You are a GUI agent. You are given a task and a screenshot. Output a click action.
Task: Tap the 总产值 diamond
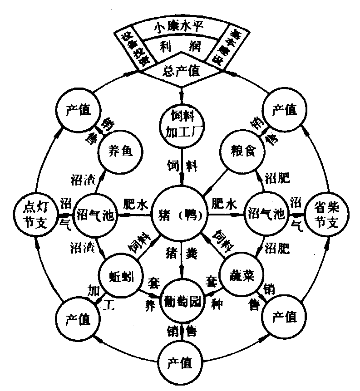coord(182,71)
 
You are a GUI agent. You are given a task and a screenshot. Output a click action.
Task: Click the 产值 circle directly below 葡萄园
coord(181,363)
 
